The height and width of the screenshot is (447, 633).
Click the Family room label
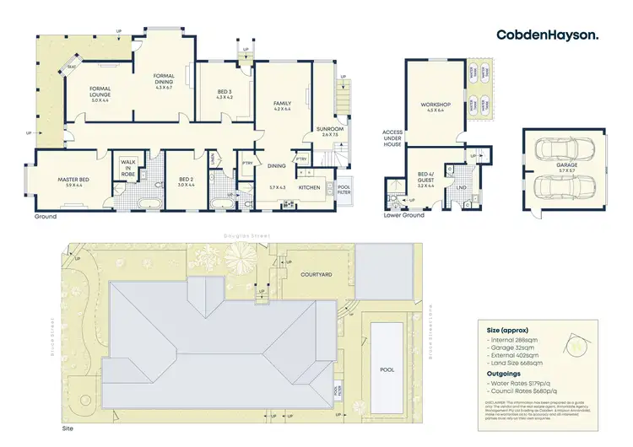(x=281, y=105)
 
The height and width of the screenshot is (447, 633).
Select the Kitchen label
(x=308, y=186)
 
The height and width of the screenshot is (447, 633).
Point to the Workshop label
(x=436, y=106)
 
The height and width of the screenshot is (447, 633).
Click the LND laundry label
(x=463, y=189)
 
